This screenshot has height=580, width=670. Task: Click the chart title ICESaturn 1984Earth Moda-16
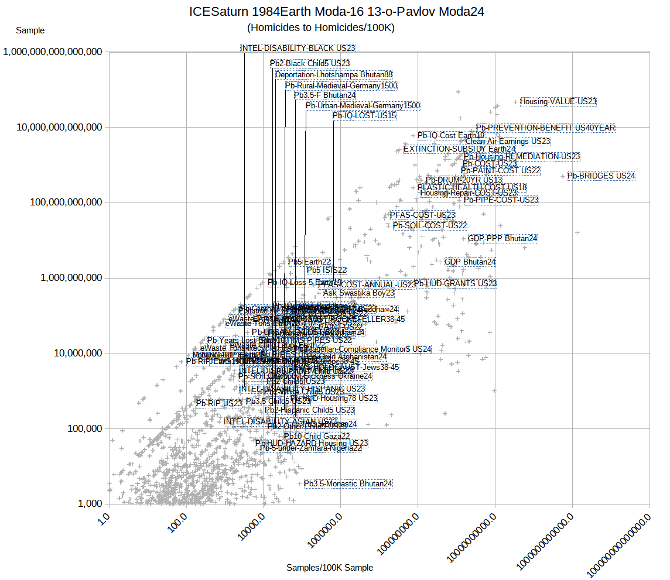point(337,12)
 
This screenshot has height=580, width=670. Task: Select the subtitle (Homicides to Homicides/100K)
point(321,28)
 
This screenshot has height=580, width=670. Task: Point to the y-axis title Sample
point(30,30)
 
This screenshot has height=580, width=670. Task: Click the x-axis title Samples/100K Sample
point(330,568)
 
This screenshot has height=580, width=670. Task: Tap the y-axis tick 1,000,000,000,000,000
point(53,52)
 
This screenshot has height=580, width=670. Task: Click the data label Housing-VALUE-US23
point(558,102)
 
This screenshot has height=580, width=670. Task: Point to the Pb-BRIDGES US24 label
point(601,176)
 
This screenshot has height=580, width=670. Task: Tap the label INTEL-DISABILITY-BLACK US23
point(298,48)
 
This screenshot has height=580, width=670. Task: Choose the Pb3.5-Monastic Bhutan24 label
point(348,484)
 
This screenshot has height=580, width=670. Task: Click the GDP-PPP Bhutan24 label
point(502,239)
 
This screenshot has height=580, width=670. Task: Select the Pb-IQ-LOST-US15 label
point(364,116)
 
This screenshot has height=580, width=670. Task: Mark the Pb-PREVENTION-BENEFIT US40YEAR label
point(545,128)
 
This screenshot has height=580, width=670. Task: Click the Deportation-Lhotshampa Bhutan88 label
point(334,75)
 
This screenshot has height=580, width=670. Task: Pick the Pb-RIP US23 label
point(219,403)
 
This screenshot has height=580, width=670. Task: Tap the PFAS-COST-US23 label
point(422,215)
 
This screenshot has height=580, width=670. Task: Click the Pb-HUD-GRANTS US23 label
point(456,284)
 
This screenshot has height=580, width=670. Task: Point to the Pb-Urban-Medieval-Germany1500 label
point(363,106)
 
